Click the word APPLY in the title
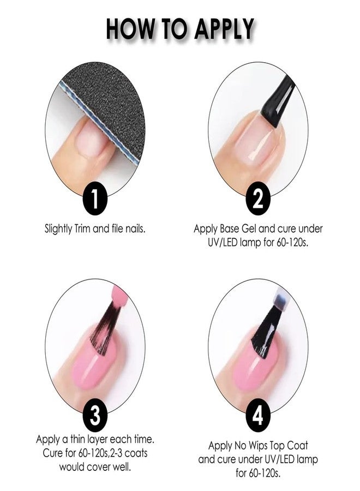223,28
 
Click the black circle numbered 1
95,199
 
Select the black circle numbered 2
257,199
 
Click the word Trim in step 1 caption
82,229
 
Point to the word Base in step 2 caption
230,229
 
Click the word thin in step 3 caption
73,439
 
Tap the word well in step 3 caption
121,467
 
